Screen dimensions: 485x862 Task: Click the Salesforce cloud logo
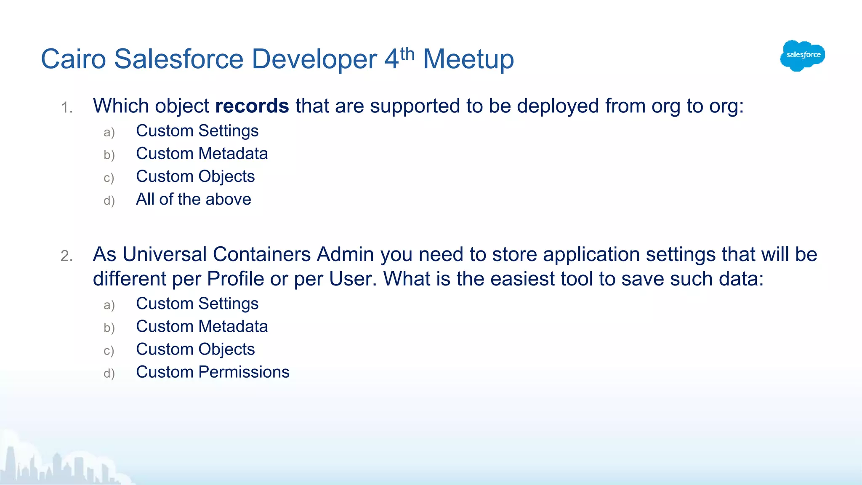[802, 56]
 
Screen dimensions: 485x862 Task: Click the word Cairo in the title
[73, 59]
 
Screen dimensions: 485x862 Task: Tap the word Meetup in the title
[468, 59]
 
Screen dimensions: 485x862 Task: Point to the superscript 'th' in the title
[407, 54]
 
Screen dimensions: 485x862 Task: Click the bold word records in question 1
[252, 106]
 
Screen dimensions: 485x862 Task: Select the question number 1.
[67, 108]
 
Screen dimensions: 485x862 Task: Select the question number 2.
[67, 256]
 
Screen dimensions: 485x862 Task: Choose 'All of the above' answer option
[193, 199]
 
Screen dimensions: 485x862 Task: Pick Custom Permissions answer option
[213, 372]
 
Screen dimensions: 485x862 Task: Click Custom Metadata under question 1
[202, 154]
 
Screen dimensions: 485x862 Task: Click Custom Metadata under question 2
[202, 327]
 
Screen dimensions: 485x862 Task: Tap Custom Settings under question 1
[197, 131]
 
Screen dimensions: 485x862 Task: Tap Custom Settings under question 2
[197, 304]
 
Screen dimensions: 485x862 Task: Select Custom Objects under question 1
[195, 176]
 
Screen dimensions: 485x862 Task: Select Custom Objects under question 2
[195, 349]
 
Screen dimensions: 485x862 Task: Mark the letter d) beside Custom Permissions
[109, 373]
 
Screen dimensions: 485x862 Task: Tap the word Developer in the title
[314, 59]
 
